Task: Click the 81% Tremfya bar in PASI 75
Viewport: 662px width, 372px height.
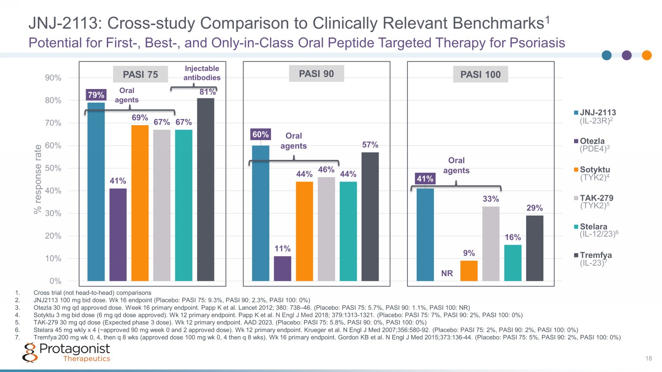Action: click(x=206, y=190)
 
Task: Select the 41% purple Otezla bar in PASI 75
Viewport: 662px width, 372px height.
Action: click(x=118, y=234)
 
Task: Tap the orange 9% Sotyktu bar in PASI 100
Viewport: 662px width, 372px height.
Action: click(x=469, y=271)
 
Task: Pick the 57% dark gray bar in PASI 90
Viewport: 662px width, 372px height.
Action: click(x=370, y=216)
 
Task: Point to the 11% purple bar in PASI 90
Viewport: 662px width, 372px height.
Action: click(x=282, y=268)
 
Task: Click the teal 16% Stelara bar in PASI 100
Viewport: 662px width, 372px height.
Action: click(x=512, y=263)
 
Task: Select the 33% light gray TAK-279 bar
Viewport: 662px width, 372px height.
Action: click(x=491, y=243)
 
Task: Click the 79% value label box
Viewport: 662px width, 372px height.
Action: click(x=96, y=95)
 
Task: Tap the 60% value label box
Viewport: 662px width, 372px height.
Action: click(x=260, y=134)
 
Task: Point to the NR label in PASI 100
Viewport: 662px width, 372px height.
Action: click(x=447, y=274)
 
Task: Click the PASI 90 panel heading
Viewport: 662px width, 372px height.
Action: click(x=316, y=74)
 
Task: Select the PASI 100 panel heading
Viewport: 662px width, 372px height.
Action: click(x=481, y=74)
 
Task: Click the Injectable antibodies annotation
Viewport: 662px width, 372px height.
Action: click(x=202, y=73)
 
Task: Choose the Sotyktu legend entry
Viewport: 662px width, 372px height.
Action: click(x=592, y=173)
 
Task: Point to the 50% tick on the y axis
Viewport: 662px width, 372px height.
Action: click(x=53, y=168)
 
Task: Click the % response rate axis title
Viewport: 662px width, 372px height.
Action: click(x=38, y=179)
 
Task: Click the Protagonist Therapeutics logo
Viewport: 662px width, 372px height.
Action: click(x=66, y=353)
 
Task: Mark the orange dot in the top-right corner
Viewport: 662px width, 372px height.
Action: click(x=647, y=55)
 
